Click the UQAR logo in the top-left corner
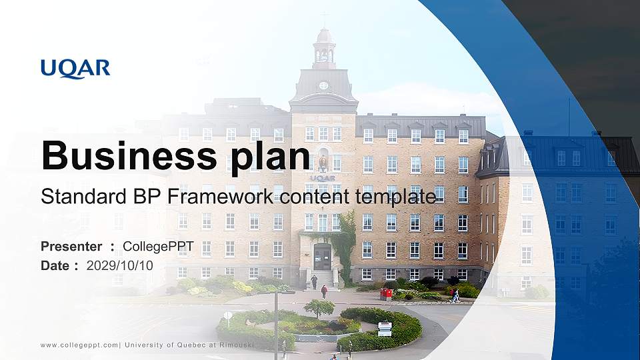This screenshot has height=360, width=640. [x=75, y=69]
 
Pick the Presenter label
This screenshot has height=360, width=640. [x=71, y=247]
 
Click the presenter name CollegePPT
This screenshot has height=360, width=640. [x=158, y=247]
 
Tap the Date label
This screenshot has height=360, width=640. [x=55, y=265]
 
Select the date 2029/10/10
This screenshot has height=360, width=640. [x=120, y=265]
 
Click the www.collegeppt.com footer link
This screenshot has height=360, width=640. [x=79, y=345]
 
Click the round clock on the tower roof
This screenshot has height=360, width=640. [x=323, y=85]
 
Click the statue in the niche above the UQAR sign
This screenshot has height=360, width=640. [x=323, y=162]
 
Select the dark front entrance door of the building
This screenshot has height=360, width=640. [x=323, y=257]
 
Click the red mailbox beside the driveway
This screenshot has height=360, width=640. [x=386, y=293]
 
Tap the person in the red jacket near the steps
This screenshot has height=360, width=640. [x=324, y=291]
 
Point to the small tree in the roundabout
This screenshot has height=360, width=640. [x=319, y=307]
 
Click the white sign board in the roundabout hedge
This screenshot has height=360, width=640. [x=385, y=328]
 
